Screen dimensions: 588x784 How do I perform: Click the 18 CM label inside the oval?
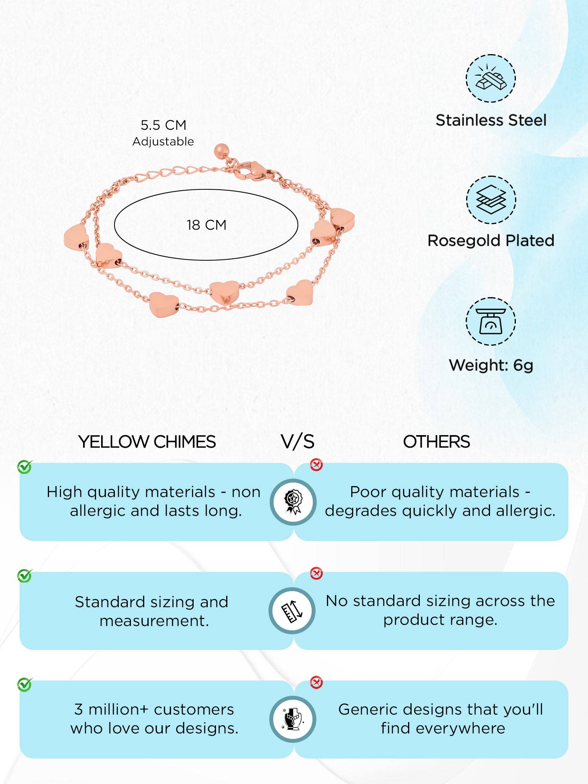coord(207,225)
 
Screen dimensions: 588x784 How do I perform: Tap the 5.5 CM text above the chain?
coord(163,125)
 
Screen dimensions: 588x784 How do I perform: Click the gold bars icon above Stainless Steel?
coord(491,78)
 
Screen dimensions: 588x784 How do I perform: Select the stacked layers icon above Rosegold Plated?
coord(491,200)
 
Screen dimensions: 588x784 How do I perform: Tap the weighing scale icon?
coord(491,321)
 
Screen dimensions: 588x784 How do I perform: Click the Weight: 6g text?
coord(491,365)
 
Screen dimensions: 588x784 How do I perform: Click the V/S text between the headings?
coord(298,442)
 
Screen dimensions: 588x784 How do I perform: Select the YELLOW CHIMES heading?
coord(147,442)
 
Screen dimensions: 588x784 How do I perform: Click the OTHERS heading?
coord(436,442)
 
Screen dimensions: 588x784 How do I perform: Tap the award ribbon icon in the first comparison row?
coord(293,502)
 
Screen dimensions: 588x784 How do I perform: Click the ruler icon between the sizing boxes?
coord(292,611)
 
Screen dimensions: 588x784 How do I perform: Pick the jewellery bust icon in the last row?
coord(293,719)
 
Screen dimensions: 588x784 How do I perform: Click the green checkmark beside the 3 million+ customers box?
coord(25,684)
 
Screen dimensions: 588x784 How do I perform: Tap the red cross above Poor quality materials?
coord(316,465)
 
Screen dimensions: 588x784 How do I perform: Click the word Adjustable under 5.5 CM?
coord(163,142)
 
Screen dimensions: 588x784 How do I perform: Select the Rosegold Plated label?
coord(491,241)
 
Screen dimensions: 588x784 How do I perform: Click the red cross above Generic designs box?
coord(316,682)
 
